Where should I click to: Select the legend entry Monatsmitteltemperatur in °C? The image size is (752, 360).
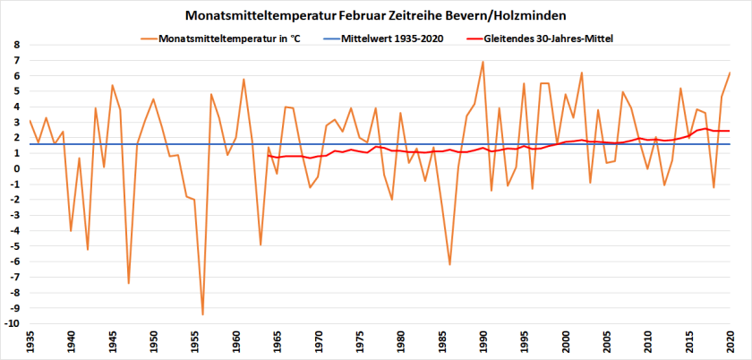[232, 39]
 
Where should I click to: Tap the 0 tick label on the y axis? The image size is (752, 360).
[17, 168]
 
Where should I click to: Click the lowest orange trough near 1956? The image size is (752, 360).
[203, 314]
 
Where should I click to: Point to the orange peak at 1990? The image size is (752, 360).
[483, 62]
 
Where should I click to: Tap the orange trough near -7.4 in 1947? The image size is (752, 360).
[129, 283]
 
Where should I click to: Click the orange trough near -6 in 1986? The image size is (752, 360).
[450, 264]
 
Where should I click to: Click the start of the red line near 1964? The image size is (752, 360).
[269, 156]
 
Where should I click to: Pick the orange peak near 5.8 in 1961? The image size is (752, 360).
[244, 79]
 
